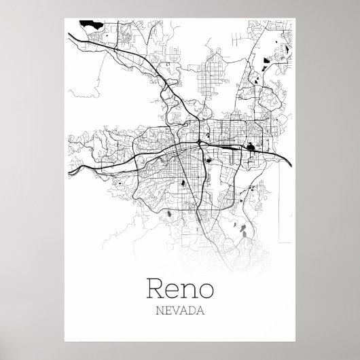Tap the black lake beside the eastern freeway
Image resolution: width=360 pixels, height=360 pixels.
pyautogui.click(x=251, y=145)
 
